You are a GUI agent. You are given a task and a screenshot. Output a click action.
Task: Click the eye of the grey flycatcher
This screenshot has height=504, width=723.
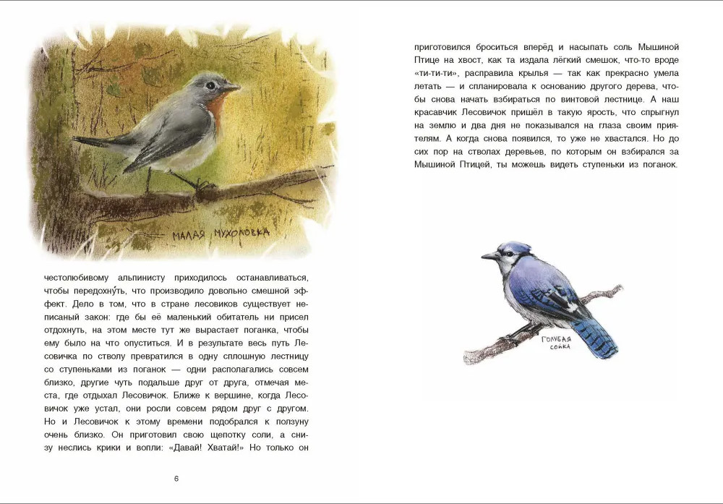[x=210, y=85]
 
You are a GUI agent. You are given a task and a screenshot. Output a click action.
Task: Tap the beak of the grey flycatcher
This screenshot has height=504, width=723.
[x=231, y=87]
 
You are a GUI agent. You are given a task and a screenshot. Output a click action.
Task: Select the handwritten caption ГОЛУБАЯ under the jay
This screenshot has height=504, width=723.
[x=557, y=338]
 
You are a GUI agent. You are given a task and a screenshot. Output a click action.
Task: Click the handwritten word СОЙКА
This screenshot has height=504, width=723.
[x=559, y=346]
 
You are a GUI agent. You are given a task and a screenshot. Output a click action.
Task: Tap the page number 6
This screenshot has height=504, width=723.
[x=177, y=479]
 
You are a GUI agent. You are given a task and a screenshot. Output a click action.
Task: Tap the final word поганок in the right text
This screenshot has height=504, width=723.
[x=657, y=164]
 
